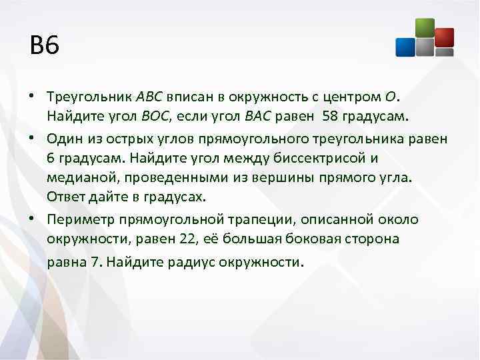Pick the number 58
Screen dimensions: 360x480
pos(329,117)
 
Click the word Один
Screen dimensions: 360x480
pos(65,139)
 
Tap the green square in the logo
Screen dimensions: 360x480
pos(424,27)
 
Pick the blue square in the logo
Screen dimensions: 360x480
pos(405,47)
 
